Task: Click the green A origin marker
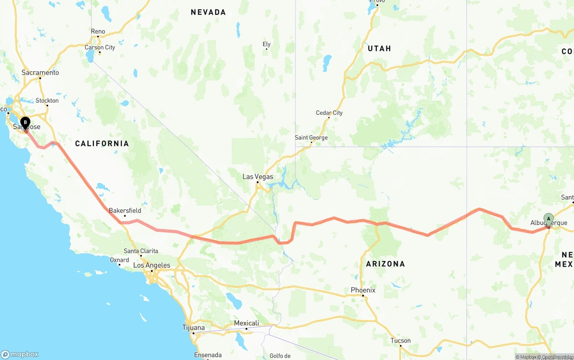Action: (x=548, y=219)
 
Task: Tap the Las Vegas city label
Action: (x=257, y=177)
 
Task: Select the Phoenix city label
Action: (x=363, y=290)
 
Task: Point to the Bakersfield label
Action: (x=125, y=210)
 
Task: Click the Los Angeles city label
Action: (x=152, y=265)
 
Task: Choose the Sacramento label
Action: (x=40, y=73)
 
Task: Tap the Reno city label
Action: (x=98, y=31)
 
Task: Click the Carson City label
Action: (x=100, y=48)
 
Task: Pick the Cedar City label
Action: (x=329, y=113)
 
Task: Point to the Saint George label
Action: (x=311, y=138)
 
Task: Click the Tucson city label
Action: (x=400, y=340)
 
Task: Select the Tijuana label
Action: (x=194, y=328)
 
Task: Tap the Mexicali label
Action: (x=246, y=323)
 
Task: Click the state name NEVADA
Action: (x=208, y=12)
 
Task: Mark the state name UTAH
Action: (x=379, y=48)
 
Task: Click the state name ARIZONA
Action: (x=385, y=264)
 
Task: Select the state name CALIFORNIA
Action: (x=102, y=143)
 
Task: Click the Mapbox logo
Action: (x=20, y=354)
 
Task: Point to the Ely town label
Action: (x=266, y=44)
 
